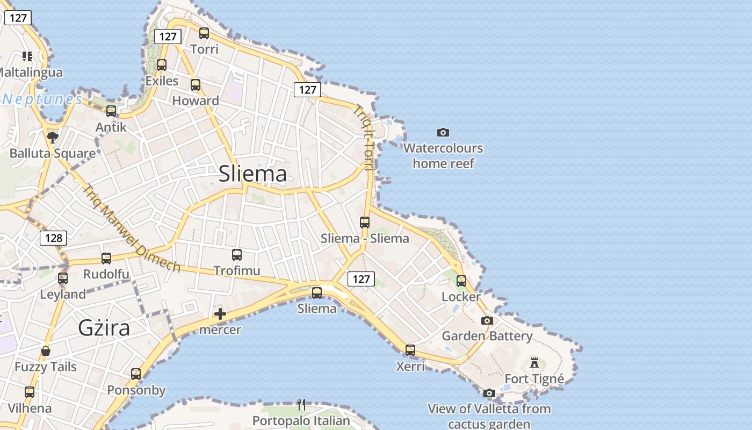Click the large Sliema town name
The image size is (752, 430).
coord(252,174)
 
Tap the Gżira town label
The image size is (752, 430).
coord(104,327)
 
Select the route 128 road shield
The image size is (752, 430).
coord(54,238)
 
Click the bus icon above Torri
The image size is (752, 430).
coord(204,33)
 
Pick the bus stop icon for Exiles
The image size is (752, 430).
coord(162,65)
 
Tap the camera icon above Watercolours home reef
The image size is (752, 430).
coord(443,132)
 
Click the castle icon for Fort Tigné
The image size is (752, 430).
coord(534,363)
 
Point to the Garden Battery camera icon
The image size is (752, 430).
coord(487,320)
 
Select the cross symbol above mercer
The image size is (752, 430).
coord(220,314)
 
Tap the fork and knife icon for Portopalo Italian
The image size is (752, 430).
coord(301,404)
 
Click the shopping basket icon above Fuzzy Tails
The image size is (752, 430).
coord(46,351)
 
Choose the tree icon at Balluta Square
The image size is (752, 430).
coord(53,138)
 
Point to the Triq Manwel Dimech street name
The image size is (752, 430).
coord(131,228)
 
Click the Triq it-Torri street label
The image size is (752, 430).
coord(364,137)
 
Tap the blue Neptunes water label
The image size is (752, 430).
coord(42,99)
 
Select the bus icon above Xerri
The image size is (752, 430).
coord(410,350)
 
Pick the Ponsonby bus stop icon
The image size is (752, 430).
coord(136,374)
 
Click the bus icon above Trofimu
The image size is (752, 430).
coord(237,255)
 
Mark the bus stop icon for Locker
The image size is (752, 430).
coord(461,281)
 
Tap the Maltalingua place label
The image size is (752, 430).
coord(31,72)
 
